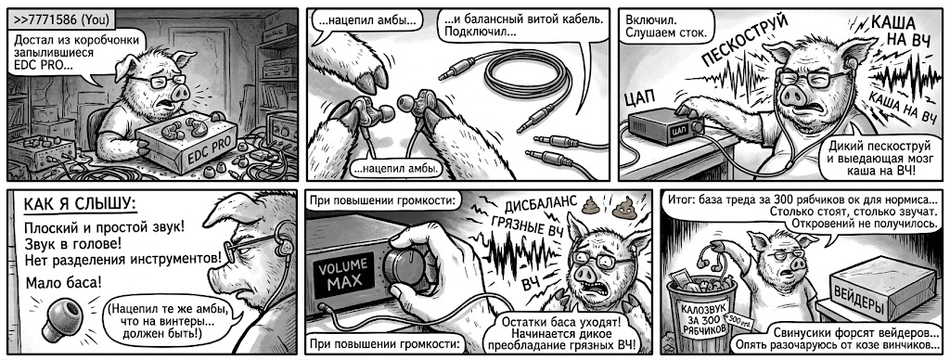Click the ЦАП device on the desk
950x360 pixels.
tap(666, 126)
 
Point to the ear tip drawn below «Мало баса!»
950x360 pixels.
tap(58, 317)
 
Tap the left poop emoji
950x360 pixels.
tap(591, 207)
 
